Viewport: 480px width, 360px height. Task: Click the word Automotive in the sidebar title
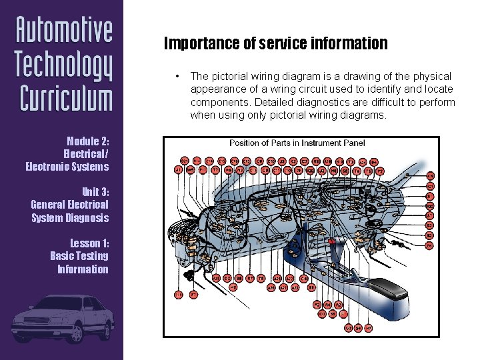(x=65, y=31)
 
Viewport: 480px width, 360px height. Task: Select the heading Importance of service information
(x=275, y=44)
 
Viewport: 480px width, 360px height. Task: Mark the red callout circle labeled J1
(x=178, y=170)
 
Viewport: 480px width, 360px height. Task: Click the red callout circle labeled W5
(x=191, y=170)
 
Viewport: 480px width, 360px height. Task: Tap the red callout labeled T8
(x=261, y=277)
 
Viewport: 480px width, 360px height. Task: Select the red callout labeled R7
(x=250, y=277)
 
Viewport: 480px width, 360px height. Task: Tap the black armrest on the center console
(x=391, y=288)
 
